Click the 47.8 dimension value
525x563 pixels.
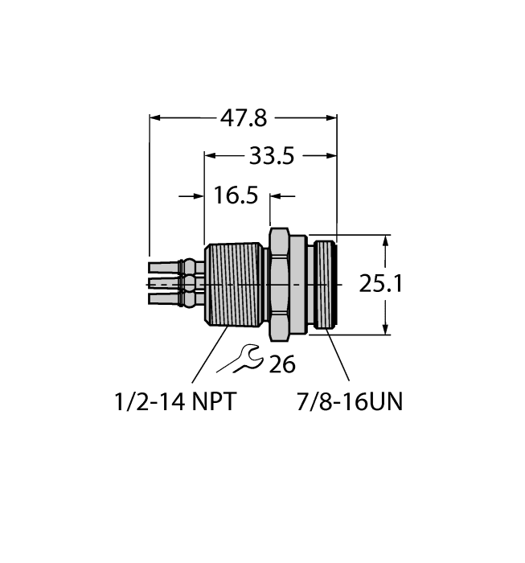coord(244,118)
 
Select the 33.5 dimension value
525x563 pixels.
coord(270,156)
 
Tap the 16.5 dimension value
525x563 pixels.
coord(236,195)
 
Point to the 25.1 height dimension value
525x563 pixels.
coord(426,285)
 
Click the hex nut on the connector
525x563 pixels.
coord(278,284)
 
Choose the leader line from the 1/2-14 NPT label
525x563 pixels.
coord(208,354)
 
